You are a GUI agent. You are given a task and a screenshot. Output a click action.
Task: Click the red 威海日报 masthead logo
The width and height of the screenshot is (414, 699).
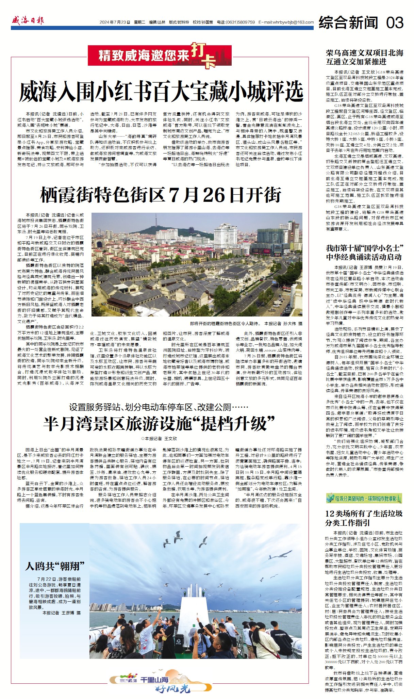(x=28, y=21)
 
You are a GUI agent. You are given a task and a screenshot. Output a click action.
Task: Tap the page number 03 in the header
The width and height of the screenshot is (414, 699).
(x=395, y=22)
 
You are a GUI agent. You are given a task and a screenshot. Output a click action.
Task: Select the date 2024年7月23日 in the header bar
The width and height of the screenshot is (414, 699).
(x=115, y=22)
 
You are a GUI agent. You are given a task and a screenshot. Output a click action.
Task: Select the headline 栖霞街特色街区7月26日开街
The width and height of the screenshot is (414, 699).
(x=161, y=195)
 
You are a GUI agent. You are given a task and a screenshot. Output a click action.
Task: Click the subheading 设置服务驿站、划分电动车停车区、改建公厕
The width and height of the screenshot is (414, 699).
(x=159, y=407)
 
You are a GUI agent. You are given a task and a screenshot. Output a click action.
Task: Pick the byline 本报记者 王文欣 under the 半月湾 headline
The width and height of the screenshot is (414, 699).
(x=159, y=439)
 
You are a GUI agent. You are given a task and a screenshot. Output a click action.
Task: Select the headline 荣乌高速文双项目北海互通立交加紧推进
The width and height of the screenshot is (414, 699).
(x=364, y=57)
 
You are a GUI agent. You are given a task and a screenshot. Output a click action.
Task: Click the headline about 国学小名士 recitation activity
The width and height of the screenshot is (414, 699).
(x=364, y=253)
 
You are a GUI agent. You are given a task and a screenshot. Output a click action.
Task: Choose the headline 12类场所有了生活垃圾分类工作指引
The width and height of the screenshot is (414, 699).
(x=364, y=518)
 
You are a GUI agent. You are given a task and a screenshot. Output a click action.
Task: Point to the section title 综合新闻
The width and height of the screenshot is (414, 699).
(x=348, y=22)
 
